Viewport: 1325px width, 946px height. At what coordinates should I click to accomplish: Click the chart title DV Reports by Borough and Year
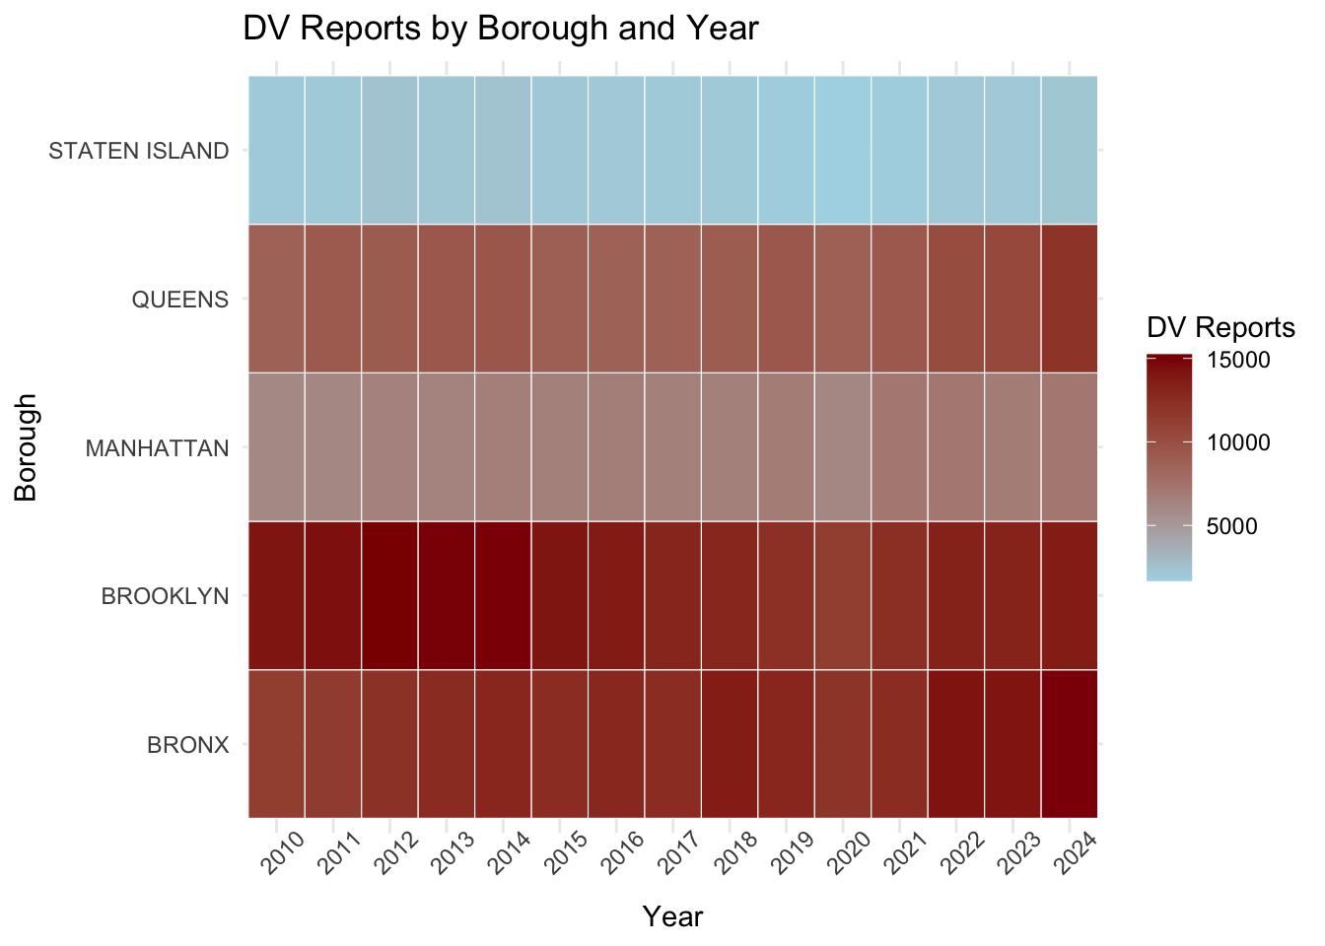pos(500,29)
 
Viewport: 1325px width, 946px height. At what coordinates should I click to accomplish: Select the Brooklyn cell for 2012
pos(389,595)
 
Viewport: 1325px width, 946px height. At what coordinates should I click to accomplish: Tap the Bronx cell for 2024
pos(1069,744)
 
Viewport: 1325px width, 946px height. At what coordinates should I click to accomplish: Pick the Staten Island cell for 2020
pos(843,150)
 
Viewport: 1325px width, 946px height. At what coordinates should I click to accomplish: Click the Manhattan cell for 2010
pos(276,446)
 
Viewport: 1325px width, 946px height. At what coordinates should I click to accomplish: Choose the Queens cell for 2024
pos(1069,299)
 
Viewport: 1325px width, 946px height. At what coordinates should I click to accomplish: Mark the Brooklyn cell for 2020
pos(843,595)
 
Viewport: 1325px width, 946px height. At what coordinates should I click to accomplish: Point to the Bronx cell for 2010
pos(276,744)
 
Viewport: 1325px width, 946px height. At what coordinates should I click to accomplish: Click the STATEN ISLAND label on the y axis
pos(138,151)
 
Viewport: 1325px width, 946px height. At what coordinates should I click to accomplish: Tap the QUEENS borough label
pos(179,300)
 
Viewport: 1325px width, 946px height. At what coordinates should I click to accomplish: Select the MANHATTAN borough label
pos(157,448)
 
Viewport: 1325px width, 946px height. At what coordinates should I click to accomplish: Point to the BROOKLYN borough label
pos(165,596)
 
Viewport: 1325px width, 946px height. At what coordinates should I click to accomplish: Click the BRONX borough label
pos(187,745)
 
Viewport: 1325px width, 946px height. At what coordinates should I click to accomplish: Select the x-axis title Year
pos(672,916)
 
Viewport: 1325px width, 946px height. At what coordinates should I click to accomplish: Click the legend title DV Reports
pos(1220,327)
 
